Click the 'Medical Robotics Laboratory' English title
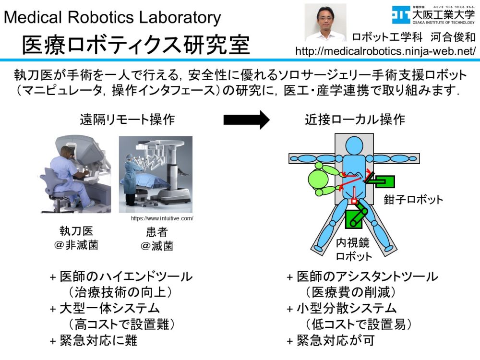click(112, 17)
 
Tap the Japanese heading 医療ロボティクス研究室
click(136, 45)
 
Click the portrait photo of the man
click(325, 23)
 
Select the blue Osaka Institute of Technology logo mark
click(401, 15)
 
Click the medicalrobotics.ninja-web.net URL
click(385, 51)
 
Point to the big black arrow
click(246, 120)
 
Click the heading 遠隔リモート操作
click(127, 120)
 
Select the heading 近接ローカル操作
click(355, 120)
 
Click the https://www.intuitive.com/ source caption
click(162, 218)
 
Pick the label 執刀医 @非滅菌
click(76, 238)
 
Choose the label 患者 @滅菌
click(157, 239)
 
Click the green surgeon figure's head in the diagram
click(318, 180)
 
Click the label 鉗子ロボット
click(413, 200)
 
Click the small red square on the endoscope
click(354, 201)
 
